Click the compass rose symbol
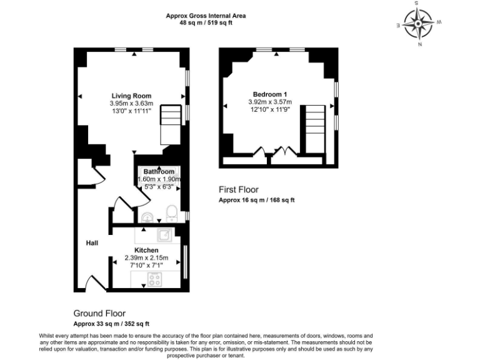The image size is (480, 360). (417, 24)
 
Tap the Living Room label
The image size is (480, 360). (131, 96)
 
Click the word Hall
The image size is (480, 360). (92, 243)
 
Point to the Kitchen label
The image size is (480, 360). (147, 250)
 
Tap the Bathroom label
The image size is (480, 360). (159, 172)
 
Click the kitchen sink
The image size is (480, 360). (164, 234)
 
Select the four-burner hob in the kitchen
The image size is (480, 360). (154, 279)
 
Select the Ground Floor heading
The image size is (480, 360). (99, 314)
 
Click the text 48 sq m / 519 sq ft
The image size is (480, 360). (206, 23)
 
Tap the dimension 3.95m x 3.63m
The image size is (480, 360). (131, 103)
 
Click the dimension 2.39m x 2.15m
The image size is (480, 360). (147, 257)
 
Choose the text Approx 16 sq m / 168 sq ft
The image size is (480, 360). (256, 201)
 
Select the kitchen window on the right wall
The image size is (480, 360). (185, 262)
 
